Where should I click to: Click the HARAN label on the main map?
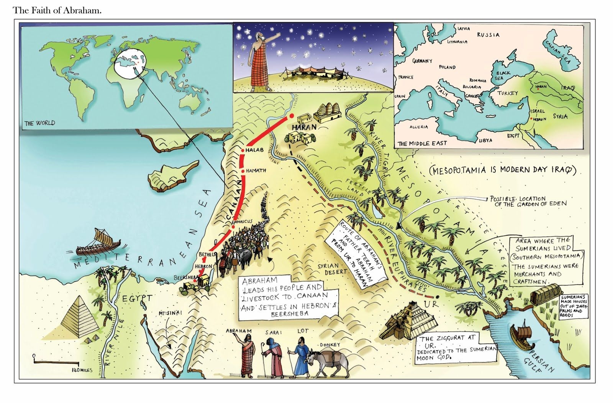[x=304, y=127]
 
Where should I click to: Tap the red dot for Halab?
[x=243, y=150]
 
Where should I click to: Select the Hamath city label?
[x=256, y=170]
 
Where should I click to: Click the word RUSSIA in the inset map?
[x=488, y=35]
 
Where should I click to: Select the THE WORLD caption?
[x=39, y=123]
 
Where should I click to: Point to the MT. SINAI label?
[x=170, y=313]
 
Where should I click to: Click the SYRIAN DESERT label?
[x=332, y=269]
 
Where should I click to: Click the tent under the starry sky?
[x=306, y=72]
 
